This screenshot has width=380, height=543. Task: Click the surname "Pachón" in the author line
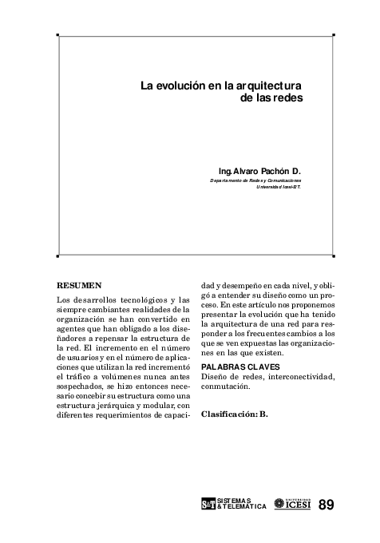[274, 172]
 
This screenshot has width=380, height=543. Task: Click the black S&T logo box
[208, 505]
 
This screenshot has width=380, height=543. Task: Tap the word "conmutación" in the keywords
[226, 386]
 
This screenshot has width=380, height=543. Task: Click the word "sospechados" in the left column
[81, 386]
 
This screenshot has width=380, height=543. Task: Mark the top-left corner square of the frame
[57, 35]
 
